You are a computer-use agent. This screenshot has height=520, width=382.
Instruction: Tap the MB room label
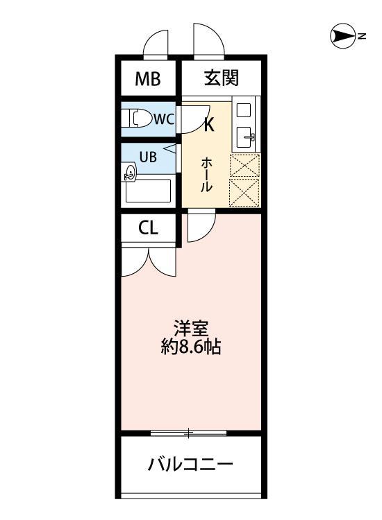coord(147,79)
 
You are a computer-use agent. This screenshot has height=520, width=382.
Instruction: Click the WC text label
coord(163,119)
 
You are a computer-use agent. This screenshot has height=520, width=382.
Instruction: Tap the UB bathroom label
coord(148,156)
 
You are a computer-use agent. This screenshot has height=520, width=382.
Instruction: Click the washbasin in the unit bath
coord(130,174)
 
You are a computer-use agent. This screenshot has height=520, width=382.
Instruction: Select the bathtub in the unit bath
coord(149,191)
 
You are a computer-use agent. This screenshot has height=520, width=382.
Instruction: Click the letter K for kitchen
coord(208,125)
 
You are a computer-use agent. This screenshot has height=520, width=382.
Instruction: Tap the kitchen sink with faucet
coord(245,137)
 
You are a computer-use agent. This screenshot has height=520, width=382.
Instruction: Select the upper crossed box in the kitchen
coord(244,165)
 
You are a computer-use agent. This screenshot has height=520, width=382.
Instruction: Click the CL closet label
coord(147,227)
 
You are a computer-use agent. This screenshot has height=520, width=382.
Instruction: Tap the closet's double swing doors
coord(149,261)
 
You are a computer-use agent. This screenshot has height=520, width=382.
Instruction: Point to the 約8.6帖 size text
coord(190,347)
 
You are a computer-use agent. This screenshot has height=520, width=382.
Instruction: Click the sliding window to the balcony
coord(189,433)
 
